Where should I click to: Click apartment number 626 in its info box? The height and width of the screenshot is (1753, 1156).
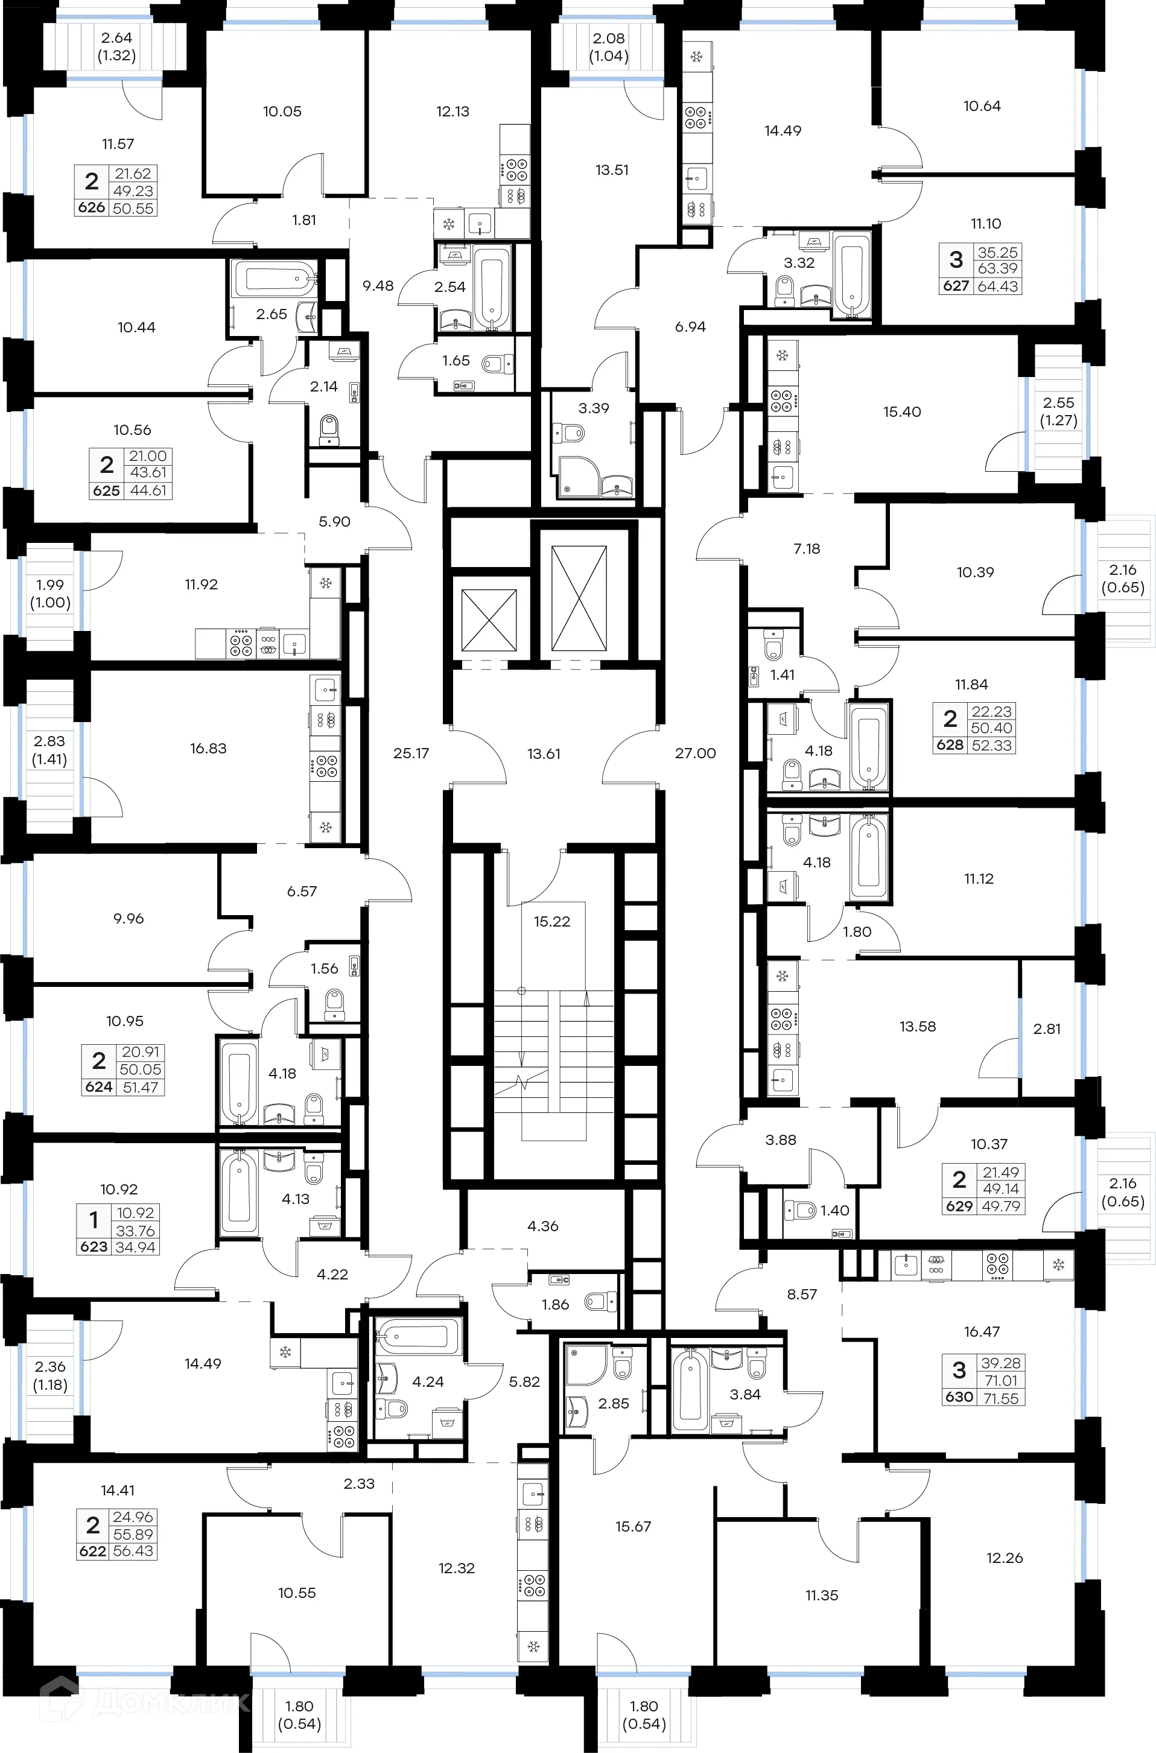pyautogui.click(x=92, y=208)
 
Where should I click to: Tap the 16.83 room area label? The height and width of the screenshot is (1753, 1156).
pyautogui.click(x=208, y=748)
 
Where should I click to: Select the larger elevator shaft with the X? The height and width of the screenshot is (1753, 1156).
pyautogui.click(x=579, y=598)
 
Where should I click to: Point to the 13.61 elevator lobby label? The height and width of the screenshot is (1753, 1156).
pyautogui.click(x=544, y=753)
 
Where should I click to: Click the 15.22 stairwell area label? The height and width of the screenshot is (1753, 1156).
pyautogui.click(x=551, y=922)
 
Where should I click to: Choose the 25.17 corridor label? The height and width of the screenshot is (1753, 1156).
pyautogui.click(x=411, y=753)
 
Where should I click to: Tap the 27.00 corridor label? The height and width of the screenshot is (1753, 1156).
pyautogui.click(x=695, y=753)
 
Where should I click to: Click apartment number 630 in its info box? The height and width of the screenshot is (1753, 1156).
pyautogui.click(x=959, y=1397)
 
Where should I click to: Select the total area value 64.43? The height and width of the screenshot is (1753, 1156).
pyautogui.click(x=997, y=286)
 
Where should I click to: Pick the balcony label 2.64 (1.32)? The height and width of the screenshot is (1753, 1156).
pyautogui.click(x=116, y=46)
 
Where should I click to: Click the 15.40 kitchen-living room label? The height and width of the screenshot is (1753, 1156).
pyautogui.click(x=901, y=412)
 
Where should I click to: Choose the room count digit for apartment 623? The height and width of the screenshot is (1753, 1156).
pyautogui.click(x=94, y=1221)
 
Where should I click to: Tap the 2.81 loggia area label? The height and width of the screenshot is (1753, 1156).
pyautogui.click(x=1046, y=1029)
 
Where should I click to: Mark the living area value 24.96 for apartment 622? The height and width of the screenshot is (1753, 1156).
pyautogui.click(x=133, y=1517)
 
